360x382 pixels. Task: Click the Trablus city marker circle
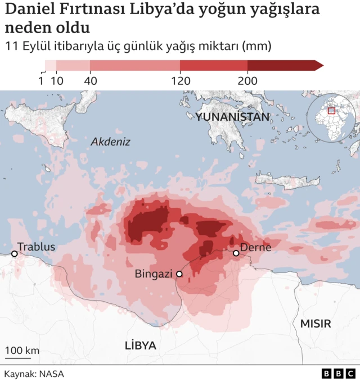(x=15, y=254)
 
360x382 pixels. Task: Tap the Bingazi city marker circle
(x=179, y=274)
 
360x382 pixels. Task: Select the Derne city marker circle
(x=236, y=253)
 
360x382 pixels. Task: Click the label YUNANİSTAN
(x=232, y=117)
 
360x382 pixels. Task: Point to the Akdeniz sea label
(x=110, y=142)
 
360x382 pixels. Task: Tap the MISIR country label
(x=316, y=324)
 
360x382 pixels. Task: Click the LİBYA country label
(x=141, y=345)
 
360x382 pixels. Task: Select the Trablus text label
(x=37, y=247)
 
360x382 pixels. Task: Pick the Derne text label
(x=256, y=247)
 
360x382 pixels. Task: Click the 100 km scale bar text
(x=22, y=351)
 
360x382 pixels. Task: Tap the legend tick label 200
(x=247, y=80)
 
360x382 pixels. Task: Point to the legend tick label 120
(x=181, y=80)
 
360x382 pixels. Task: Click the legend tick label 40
(x=91, y=80)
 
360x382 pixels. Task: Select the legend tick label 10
(x=57, y=80)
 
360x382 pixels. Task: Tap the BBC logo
(x=339, y=374)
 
